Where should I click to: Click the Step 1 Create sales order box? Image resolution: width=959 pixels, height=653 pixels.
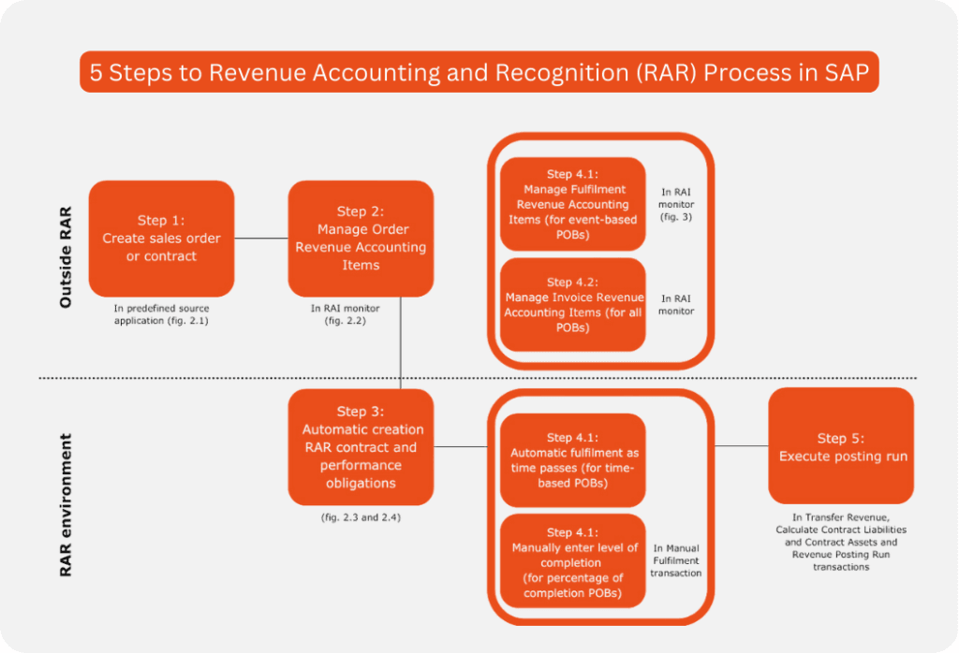(161, 239)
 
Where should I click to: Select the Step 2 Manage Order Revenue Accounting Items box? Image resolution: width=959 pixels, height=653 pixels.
(361, 239)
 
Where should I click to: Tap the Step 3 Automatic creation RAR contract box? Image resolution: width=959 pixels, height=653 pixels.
(361, 447)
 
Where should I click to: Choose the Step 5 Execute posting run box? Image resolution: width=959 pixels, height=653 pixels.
(841, 446)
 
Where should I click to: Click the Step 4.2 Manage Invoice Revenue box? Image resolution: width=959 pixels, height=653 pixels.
(572, 305)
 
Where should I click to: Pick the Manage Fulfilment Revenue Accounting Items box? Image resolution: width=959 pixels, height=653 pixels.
(572, 204)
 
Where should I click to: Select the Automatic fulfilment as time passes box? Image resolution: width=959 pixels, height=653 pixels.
(572, 460)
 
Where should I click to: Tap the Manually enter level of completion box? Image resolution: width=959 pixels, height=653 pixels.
(572, 560)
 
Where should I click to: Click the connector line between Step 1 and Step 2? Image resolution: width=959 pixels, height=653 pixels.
(261, 239)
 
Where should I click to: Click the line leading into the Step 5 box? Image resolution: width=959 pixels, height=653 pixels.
(741, 446)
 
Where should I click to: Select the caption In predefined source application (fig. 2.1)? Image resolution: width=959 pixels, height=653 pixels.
(161, 313)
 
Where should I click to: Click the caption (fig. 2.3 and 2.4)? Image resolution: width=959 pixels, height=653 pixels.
(361, 515)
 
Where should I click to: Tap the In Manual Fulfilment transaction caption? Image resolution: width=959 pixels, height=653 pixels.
(676, 560)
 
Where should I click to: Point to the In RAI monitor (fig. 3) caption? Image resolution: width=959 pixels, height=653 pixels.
(676, 204)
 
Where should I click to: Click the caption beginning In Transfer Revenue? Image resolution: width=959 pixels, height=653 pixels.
(841, 542)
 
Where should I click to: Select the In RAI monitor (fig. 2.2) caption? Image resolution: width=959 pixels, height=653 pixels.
(361, 313)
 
